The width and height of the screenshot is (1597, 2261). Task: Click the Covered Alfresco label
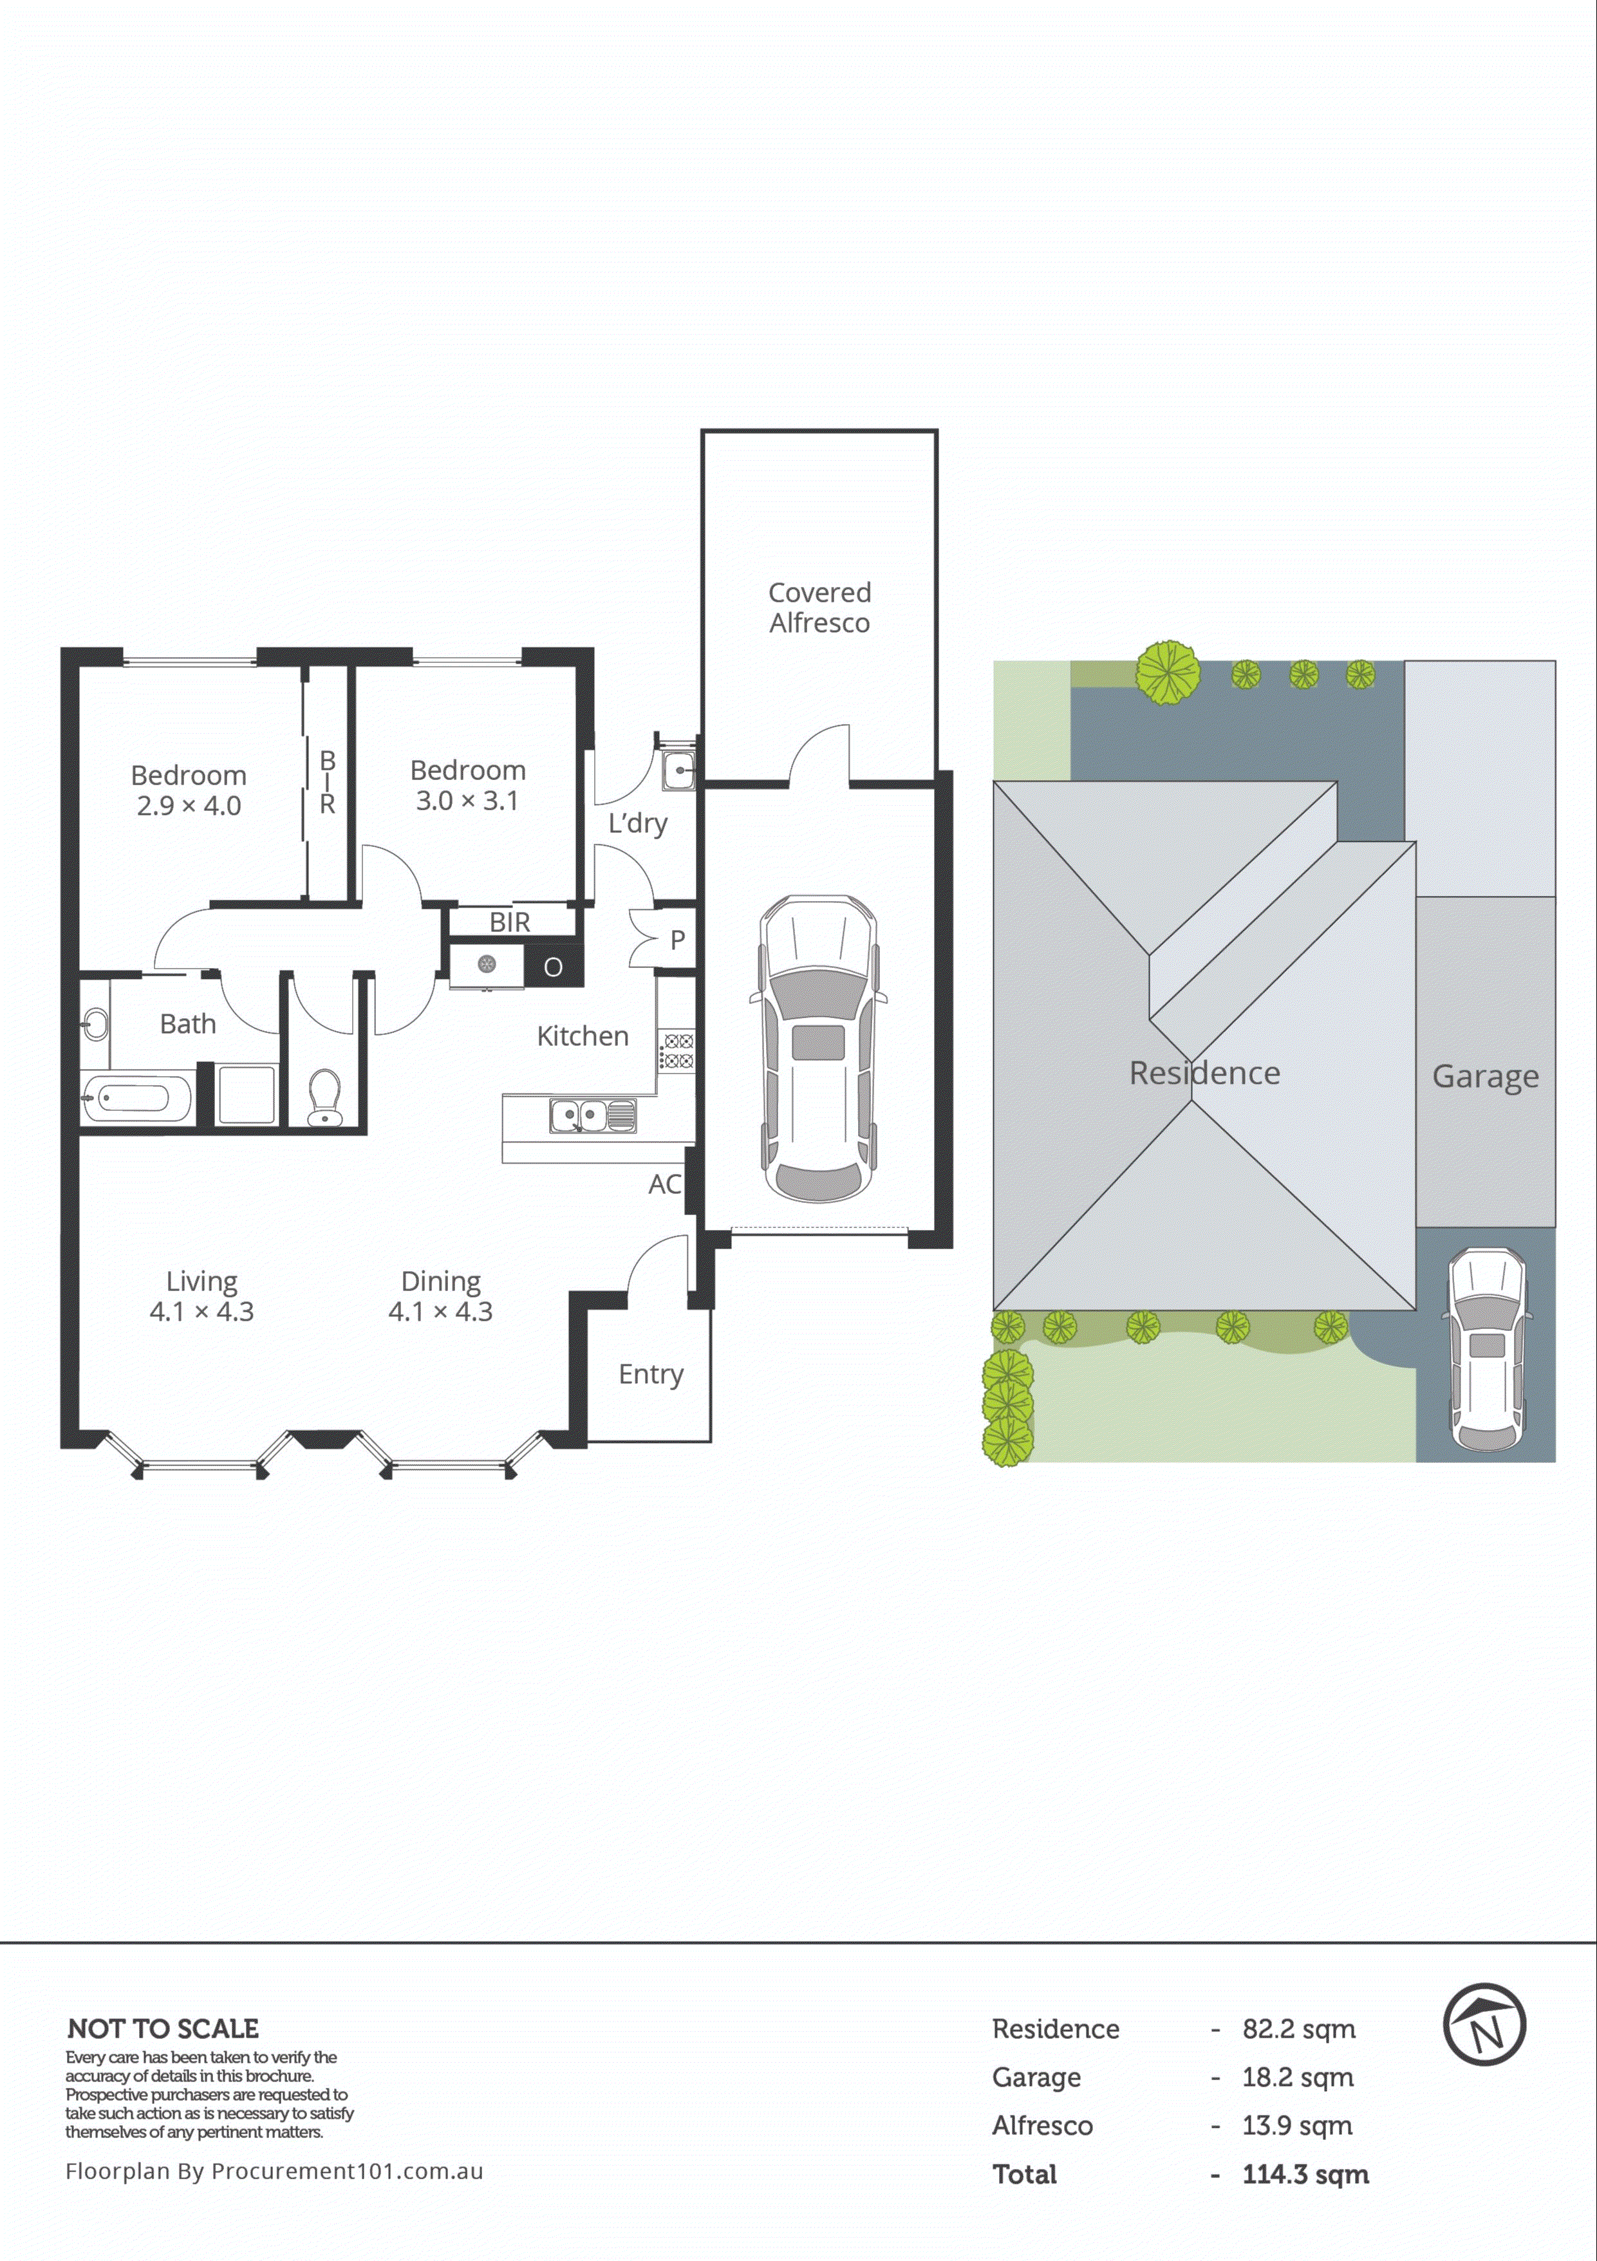click(x=819, y=608)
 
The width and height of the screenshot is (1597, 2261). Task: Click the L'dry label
click(x=637, y=823)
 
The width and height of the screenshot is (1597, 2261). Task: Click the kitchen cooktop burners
click(x=677, y=1051)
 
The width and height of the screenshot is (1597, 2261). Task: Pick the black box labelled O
click(x=554, y=967)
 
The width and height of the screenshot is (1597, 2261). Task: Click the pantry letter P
click(x=677, y=940)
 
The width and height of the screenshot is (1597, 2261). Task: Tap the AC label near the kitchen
click(x=664, y=1185)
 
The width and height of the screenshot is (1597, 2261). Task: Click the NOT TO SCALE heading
click(x=162, y=2029)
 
